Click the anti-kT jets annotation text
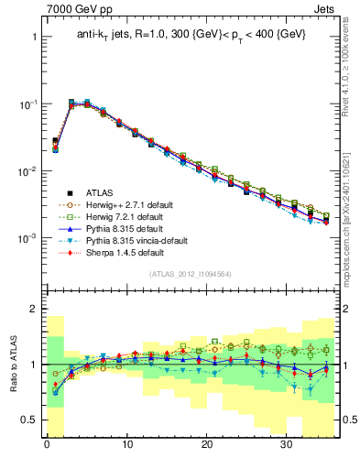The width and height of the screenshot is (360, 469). [x=191, y=35]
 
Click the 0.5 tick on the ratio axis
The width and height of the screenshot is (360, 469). [x=30, y=420]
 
